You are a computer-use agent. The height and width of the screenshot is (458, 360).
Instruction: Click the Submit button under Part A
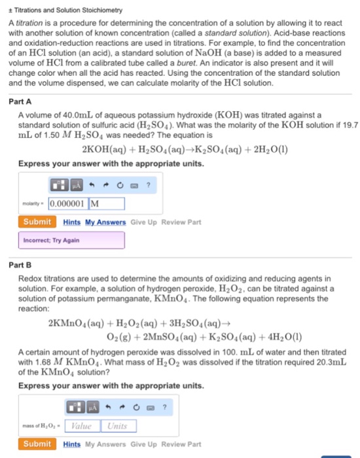pyautogui.click(x=37, y=222)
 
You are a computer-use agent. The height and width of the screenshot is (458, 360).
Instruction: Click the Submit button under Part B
pyautogui.click(x=37, y=444)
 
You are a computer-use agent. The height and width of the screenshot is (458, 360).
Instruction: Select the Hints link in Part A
pyautogui.click(x=73, y=222)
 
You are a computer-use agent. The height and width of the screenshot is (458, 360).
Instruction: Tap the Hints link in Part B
pyautogui.click(x=73, y=445)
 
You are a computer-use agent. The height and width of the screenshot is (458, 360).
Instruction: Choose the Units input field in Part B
pyautogui.click(x=118, y=426)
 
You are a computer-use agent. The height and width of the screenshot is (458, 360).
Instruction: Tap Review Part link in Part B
pyautogui.click(x=185, y=445)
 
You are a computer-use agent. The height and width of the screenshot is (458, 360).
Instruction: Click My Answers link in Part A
pyautogui.click(x=107, y=222)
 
